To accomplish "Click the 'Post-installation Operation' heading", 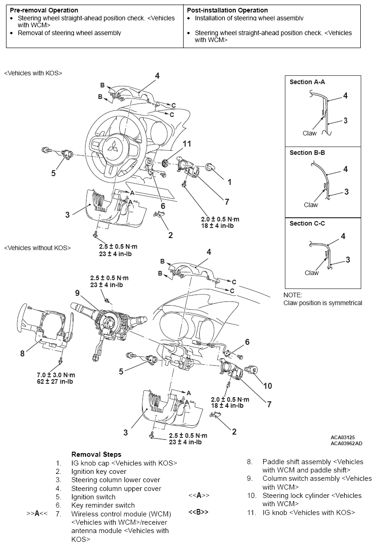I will pos(227,10).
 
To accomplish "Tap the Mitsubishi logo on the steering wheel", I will pos(112,147).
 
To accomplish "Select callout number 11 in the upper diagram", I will pos(186,144).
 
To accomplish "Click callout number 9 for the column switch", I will pos(78,293).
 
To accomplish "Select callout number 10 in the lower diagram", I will pos(267,386).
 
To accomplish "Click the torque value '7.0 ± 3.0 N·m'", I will pos(56,374).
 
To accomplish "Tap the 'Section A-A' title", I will pos(307,82).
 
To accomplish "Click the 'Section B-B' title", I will pos(307,153).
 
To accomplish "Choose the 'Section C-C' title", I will pos(307,223).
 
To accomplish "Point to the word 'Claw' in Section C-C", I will pos(311,273).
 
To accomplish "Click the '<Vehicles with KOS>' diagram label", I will pos(33,73).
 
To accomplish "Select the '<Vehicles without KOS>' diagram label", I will pos(37,248).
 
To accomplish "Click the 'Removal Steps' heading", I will pos(96,454).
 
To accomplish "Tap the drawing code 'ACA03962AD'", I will pos(346,443).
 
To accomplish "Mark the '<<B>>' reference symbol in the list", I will pos(198,512).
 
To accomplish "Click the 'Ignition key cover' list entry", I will pos(99,472).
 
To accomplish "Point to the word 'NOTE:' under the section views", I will pos(293,295).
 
